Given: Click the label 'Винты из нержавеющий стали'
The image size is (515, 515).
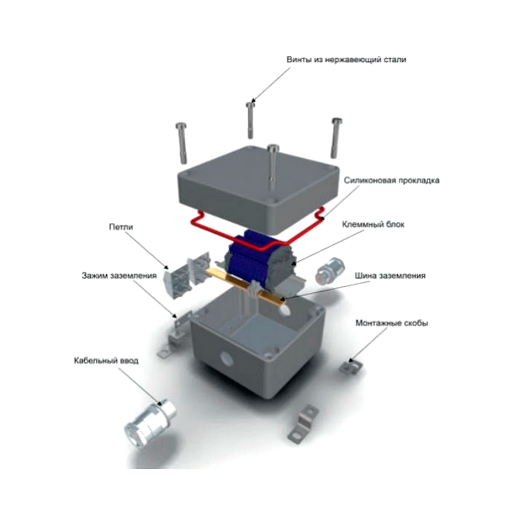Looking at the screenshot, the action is pyautogui.click(x=346, y=60).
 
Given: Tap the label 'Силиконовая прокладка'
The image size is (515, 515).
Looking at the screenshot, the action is pyautogui.click(x=391, y=180).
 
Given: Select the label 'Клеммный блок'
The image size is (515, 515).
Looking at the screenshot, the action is pyautogui.click(x=373, y=224).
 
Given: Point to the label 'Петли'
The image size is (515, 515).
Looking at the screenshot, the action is pyautogui.click(x=121, y=227).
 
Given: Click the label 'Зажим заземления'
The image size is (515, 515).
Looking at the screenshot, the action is pyautogui.click(x=119, y=276).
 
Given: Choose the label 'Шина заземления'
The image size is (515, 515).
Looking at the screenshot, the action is pyautogui.click(x=390, y=276).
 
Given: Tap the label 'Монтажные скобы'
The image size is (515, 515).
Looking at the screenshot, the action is pyautogui.click(x=391, y=323).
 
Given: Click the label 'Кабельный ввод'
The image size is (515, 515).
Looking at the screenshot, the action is pyautogui.click(x=106, y=361).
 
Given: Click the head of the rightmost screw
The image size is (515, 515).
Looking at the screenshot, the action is pyautogui.click(x=337, y=121).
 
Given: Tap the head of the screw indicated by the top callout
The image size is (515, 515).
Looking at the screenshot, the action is pyautogui.click(x=251, y=104).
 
